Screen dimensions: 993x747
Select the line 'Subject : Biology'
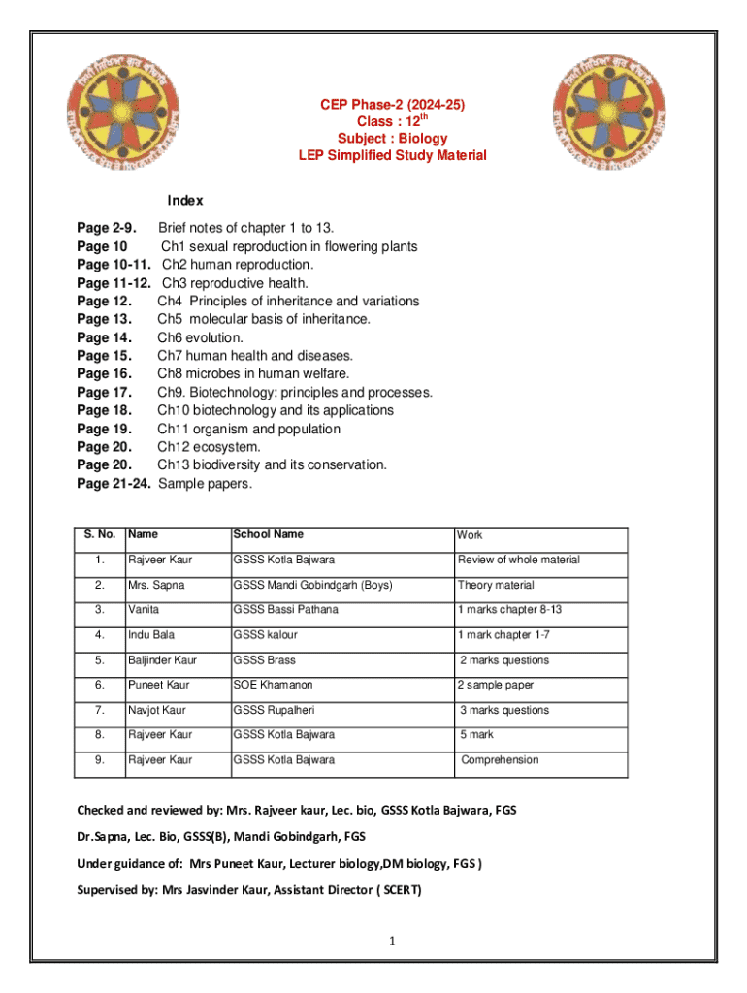pos(392,139)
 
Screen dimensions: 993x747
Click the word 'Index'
pos(184,201)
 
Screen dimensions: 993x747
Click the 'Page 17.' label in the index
pos(104,393)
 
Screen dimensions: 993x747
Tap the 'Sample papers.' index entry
pos(205,483)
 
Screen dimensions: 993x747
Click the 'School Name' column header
pos(268,534)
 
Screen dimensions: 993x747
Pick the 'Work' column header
pos(470,535)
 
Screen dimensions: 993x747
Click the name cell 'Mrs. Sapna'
pos(155,586)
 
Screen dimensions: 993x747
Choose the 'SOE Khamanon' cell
pos(273,686)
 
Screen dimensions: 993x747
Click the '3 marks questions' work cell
pos(504,711)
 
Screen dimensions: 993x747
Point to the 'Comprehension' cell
pos(500,760)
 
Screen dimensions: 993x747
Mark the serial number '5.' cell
pos(99,660)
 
